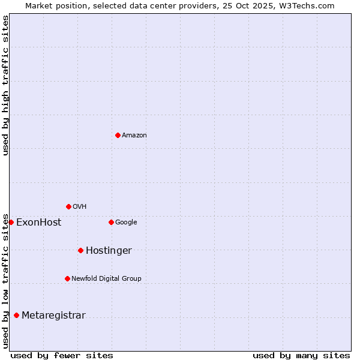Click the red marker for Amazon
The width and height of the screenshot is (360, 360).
(118, 135)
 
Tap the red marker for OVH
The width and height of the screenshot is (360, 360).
(68, 206)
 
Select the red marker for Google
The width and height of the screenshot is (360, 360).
(111, 222)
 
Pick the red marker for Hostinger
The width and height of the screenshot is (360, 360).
(80, 250)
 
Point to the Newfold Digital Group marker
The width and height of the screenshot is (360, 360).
(67, 278)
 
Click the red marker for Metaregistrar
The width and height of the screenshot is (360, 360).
(16, 315)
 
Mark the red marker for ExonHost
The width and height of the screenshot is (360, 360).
(11, 222)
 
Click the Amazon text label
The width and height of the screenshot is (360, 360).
(134, 136)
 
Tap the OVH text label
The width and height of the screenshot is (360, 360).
(80, 207)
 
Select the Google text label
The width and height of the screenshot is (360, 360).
(126, 223)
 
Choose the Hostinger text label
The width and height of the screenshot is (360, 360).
(109, 251)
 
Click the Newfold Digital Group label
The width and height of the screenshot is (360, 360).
(106, 279)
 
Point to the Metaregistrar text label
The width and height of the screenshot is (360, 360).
(53, 316)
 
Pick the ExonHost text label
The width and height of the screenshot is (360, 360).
(38, 223)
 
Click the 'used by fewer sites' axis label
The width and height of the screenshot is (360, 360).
(62, 355)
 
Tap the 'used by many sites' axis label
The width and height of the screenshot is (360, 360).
(301, 355)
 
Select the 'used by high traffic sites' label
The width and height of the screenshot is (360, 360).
(5, 85)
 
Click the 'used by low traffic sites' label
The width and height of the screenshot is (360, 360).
(5, 281)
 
